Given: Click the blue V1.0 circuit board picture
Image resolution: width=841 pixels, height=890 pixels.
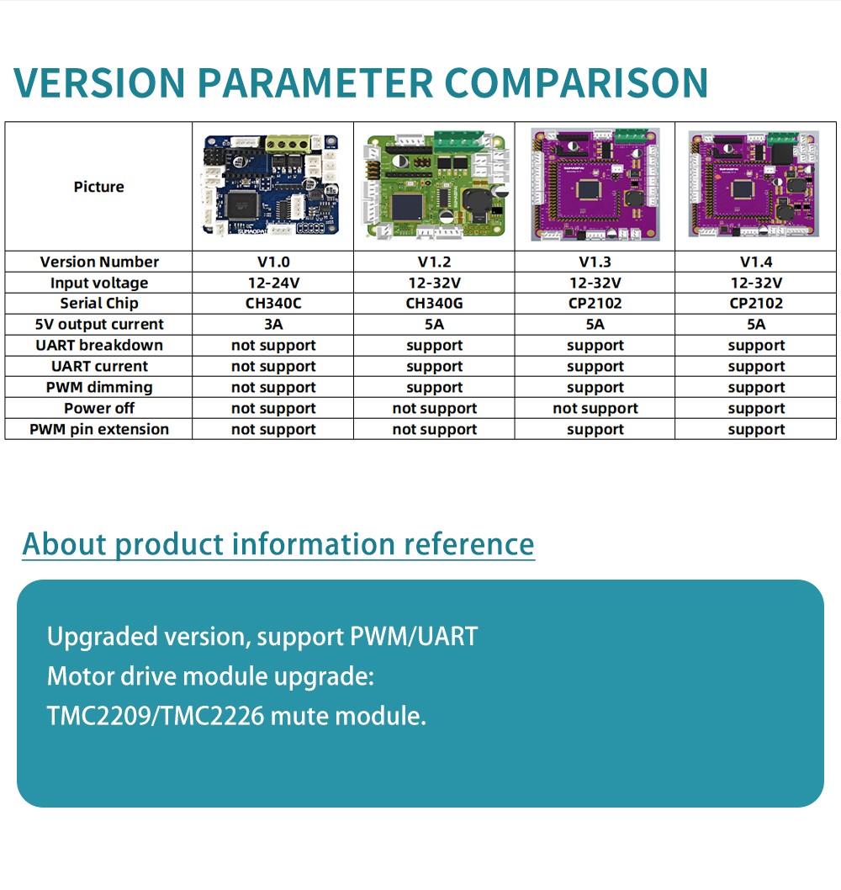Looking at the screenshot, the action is click(272, 186).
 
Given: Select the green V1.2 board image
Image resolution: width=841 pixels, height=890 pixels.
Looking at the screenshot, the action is click(436, 185).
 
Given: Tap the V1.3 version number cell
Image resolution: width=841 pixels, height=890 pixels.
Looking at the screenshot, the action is click(595, 262).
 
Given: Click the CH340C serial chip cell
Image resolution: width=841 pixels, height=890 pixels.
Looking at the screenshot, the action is click(273, 303).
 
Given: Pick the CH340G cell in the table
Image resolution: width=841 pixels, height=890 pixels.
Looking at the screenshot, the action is click(434, 303).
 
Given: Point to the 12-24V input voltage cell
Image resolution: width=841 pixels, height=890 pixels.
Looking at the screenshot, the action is click(273, 283).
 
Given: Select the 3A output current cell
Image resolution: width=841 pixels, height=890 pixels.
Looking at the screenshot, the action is click(273, 324).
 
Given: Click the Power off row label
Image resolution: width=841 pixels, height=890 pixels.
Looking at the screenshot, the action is click(98, 408).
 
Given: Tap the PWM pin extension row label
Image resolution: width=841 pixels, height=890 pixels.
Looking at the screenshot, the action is click(98, 429).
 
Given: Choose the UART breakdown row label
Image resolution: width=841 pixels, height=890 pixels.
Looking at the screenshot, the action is click(98, 345).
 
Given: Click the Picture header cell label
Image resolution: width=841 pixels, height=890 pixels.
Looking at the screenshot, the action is click(98, 187).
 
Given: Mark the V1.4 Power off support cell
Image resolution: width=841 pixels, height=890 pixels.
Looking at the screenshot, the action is click(756, 409).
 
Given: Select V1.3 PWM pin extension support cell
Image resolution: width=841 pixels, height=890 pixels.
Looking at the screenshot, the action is click(595, 430).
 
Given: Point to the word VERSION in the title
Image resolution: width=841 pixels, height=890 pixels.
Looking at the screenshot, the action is click(100, 83).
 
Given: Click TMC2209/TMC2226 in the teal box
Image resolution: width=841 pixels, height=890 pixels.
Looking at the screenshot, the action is click(156, 716).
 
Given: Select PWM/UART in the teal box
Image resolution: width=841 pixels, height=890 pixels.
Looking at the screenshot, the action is click(414, 636).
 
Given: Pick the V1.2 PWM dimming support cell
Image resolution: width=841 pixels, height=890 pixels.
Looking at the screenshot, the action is click(434, 388).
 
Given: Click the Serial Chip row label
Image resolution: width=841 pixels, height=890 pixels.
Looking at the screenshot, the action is click(98, 303).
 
